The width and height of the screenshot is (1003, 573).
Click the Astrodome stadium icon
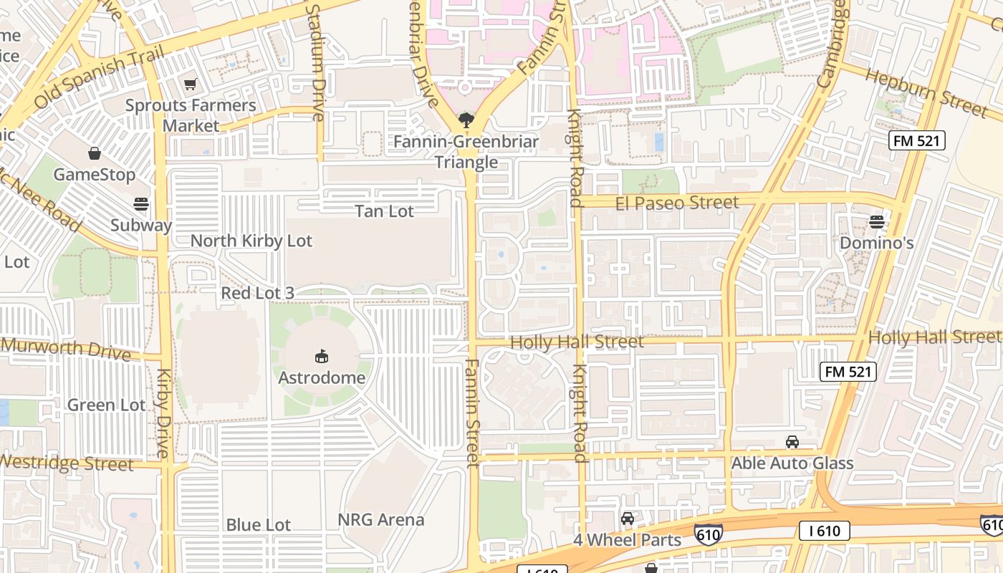(x=321, y=356)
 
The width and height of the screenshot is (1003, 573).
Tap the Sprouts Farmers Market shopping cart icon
(x=190, y=85)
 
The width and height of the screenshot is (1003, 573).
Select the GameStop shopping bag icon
(x=94, y=153)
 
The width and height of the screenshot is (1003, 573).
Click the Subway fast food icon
(x=141, y=204)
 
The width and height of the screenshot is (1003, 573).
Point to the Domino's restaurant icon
(x=877, y=221)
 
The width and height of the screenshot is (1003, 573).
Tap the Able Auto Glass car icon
(x=792, y=442)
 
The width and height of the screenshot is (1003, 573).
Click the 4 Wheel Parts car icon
(x=628, y=519)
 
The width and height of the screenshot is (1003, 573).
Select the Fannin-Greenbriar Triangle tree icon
(x=466, y=120)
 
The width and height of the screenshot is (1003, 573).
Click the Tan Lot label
(x=384, y=211)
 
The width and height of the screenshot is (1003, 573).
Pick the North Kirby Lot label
(x=251, y=241)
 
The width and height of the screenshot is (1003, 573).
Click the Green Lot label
(x=106, y=405)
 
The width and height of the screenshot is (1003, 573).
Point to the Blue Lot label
(x=258, y=524)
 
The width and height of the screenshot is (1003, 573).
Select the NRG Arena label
(x=381, y=520)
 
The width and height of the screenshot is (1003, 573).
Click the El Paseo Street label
(x=676, y=203)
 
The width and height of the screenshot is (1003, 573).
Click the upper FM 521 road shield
(x=917, y=140)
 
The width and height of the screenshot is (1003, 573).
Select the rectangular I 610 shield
(x=825, y=531)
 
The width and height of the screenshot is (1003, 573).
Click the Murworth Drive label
(x=66, y=349)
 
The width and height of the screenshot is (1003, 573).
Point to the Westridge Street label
(x=66, y=463)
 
